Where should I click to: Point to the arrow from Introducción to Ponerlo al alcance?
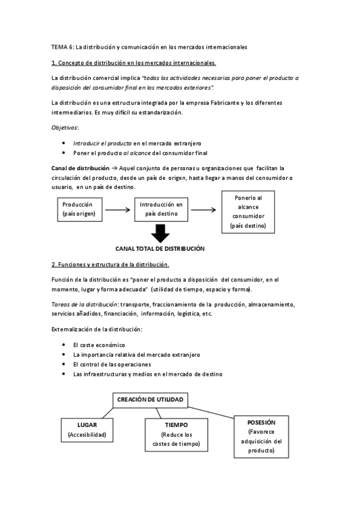204,209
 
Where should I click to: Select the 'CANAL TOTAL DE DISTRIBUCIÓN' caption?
160,248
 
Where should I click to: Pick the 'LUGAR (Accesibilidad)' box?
87,429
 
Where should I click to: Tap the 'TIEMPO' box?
175,435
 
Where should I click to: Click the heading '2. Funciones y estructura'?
111,265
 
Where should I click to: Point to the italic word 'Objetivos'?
66,127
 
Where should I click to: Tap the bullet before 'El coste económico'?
64,345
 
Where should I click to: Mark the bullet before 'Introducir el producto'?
64,143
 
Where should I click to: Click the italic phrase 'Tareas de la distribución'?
84,305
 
